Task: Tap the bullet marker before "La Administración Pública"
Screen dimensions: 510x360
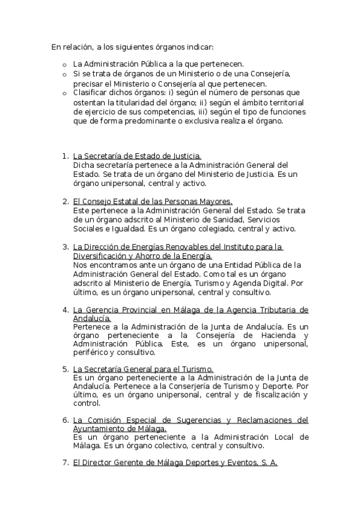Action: pyautogui.click(x=63, y=64)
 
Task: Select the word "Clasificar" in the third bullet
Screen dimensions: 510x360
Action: pyautogui.click(x=90, y=93)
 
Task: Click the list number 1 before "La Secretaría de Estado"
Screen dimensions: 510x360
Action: pyautogui.click(x=65, y=156)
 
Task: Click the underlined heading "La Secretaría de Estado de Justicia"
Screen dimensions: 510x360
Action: pyautogui.click(x=137, y=156)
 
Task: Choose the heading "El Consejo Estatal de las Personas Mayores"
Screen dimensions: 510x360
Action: pyautogui.click(x=152, y=201)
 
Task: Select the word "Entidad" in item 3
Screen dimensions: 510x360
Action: pyautogui.click(x=212, y=265)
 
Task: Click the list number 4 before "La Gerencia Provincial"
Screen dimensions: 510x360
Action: pyautogui.click(x=65, y=310)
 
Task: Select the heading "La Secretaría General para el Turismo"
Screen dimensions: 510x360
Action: pyautogui.click(x=143, y=369)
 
